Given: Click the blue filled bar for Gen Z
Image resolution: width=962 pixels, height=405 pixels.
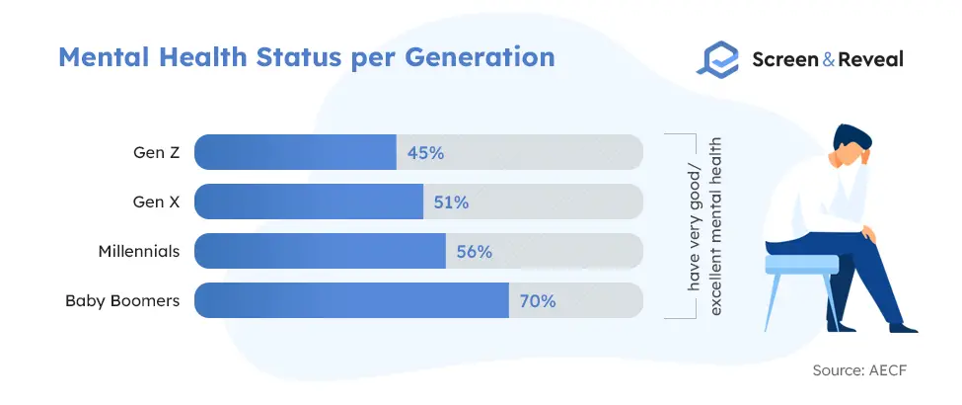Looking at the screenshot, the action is coord(295,152).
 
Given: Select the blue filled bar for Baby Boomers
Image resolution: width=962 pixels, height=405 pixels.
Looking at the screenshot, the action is coord(351,300).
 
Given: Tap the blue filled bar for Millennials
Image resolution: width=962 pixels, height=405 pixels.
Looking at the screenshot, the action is coord(320,251).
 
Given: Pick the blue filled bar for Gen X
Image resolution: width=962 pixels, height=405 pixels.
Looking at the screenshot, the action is coord(309,202).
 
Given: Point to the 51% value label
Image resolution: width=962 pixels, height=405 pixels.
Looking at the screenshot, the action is coord(451,202).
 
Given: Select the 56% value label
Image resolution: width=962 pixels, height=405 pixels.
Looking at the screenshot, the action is coord(475,251).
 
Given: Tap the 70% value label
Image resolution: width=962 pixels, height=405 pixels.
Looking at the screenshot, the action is coord(538,301).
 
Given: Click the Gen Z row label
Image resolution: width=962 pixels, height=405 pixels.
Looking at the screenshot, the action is coord(157,152).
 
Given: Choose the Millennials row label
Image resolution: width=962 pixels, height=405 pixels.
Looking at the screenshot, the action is coord(139,251).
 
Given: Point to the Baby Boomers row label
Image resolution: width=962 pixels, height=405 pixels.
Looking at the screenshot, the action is coord(122,301).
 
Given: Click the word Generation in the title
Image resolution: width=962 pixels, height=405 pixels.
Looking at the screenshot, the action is coord(480,57).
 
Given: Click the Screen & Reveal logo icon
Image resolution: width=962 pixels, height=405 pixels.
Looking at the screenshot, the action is coord(718,59).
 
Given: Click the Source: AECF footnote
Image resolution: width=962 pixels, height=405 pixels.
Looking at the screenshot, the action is coord(859,370).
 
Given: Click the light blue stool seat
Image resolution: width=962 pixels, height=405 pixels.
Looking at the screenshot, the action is coord(801,264).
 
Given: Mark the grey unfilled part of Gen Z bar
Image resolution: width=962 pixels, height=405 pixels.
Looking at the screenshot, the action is coord(520,152).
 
